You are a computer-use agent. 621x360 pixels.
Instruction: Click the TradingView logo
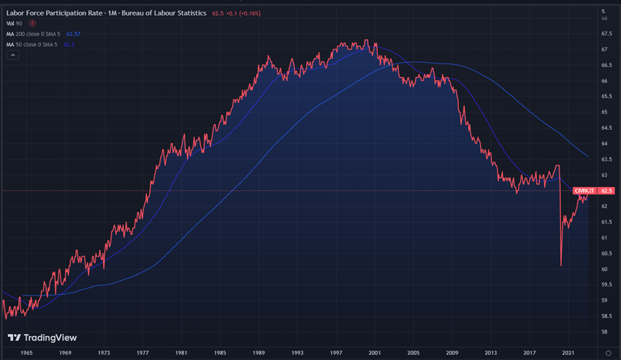tap(43, 338)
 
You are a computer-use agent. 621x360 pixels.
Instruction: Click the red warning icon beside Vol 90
tap(33, 23)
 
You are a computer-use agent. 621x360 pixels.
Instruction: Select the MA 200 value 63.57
tap(73, 34)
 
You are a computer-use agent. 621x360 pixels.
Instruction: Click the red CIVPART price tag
tap(584, 191)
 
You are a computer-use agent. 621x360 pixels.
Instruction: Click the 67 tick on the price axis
tap(604, 50)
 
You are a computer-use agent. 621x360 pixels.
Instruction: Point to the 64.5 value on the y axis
tap(606, 128)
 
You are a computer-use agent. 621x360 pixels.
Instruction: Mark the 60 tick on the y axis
tap(604, 269)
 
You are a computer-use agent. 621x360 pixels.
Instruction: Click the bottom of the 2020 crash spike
tap(561, 265)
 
